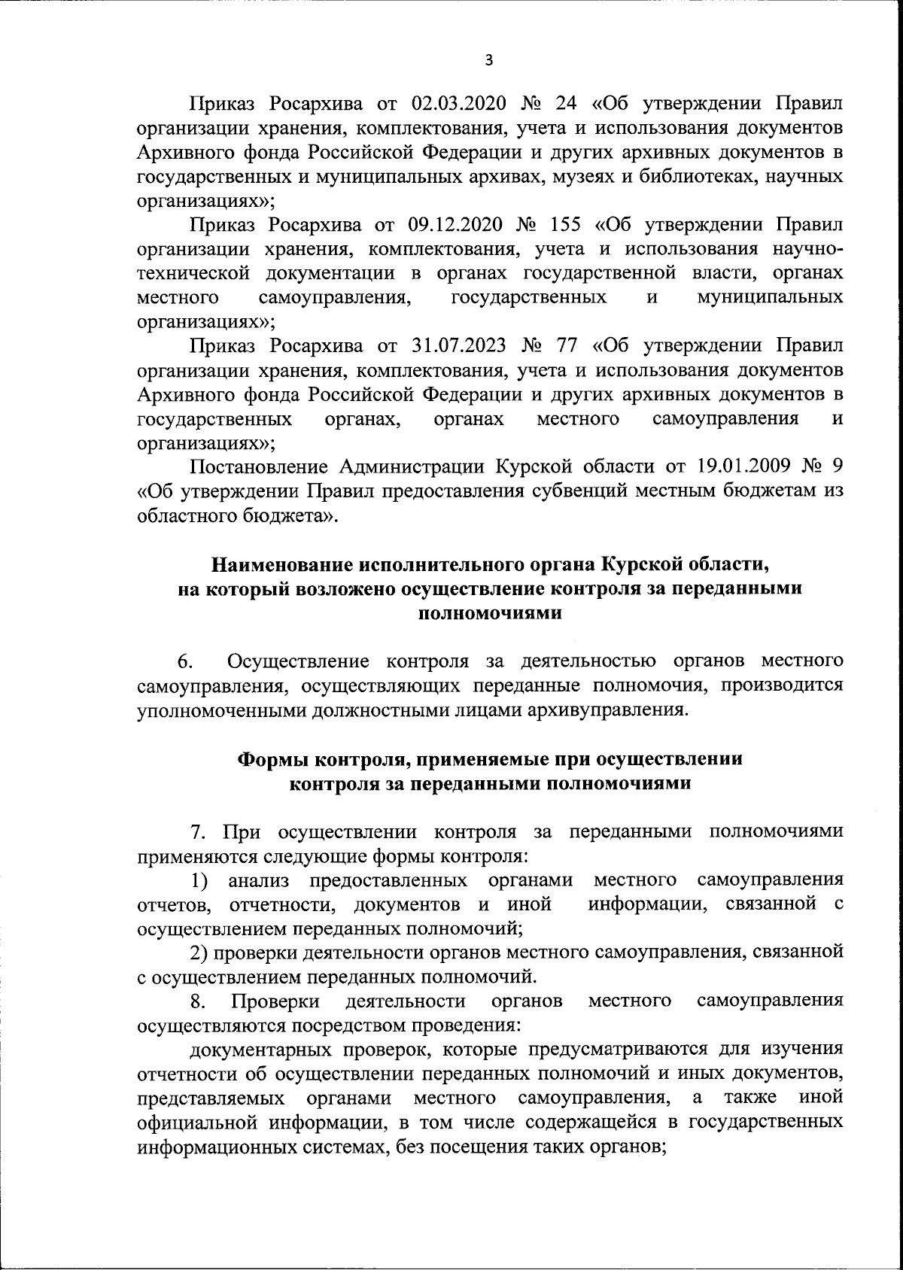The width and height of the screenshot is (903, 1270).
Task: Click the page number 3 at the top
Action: click(x=489, y=61)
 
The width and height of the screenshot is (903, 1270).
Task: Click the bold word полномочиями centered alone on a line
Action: click(x=489, y=612)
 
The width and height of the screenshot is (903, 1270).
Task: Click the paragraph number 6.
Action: click(x=185, y=662)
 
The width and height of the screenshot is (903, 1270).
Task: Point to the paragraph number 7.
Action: click(x=198, y=832)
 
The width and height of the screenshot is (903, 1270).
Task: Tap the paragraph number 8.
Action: click(x=198, y=1001)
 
